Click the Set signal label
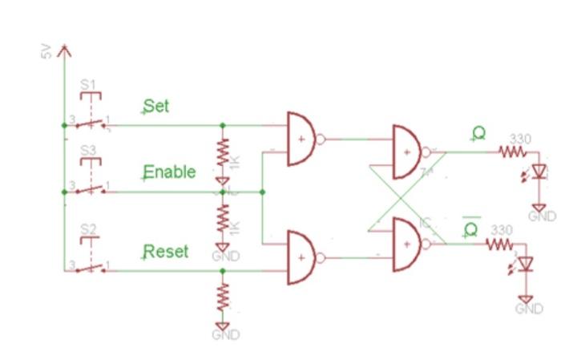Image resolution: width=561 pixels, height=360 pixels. tap(157, 106)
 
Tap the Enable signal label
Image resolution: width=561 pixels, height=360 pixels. tap(169, 172)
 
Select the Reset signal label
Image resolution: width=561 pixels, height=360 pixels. tap(166, 251)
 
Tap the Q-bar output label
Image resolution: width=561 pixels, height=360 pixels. tap(471, 229)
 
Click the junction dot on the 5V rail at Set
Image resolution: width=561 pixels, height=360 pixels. tap(63, 125)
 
